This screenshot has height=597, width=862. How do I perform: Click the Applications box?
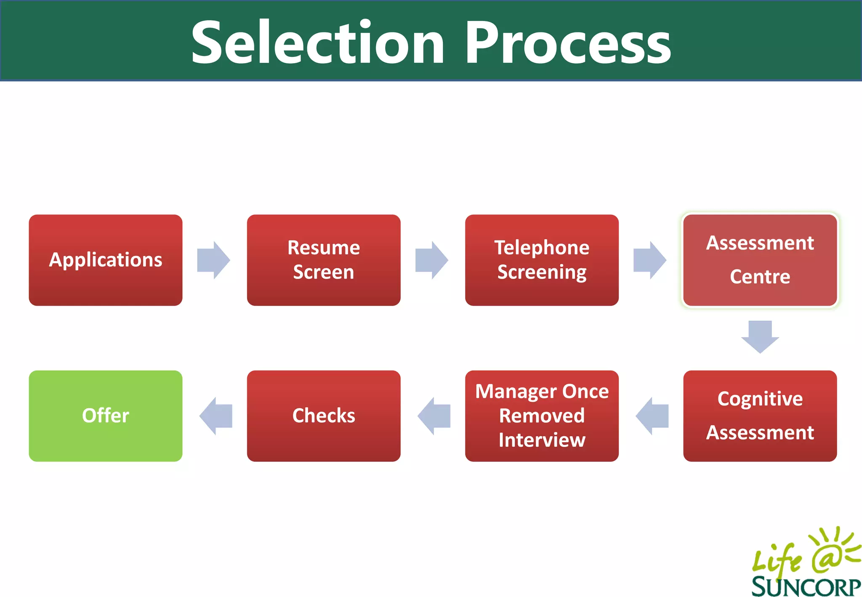(x=105, y=260)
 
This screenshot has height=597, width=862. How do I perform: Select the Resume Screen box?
(x=323, y=260)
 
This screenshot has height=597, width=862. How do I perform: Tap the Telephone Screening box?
(x=542, y=260)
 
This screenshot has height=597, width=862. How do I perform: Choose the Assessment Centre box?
(x=760, y=260)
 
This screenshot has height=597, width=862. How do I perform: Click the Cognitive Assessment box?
(x=760, y=416)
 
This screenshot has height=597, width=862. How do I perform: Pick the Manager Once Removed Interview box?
(x=542, y=416)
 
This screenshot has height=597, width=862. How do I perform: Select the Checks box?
(x=323, y=416)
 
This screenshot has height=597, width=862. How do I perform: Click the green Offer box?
(x=105, y=416)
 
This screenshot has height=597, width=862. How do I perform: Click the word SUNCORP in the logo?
(x=806, y=586)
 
